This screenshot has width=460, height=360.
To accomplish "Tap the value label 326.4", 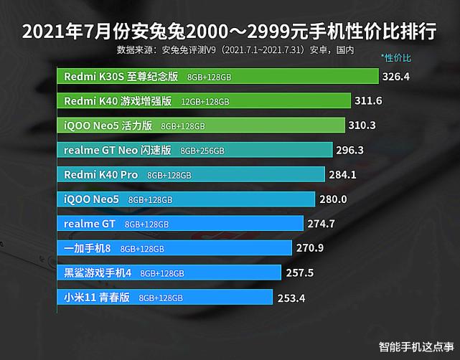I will [x=396, y=76].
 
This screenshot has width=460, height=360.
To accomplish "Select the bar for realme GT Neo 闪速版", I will [x=194, y=151].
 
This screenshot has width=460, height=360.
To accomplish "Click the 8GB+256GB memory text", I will [x=202, y=151].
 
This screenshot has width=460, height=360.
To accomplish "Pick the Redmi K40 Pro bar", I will [x=187, y=175].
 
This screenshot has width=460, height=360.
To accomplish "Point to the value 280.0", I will [x=333, y=199].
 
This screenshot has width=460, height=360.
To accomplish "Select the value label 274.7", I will [x=321, y=224].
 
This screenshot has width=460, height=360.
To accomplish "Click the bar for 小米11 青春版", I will [x=165, y=298].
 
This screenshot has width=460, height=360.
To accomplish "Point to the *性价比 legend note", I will [x=396, y=57].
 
